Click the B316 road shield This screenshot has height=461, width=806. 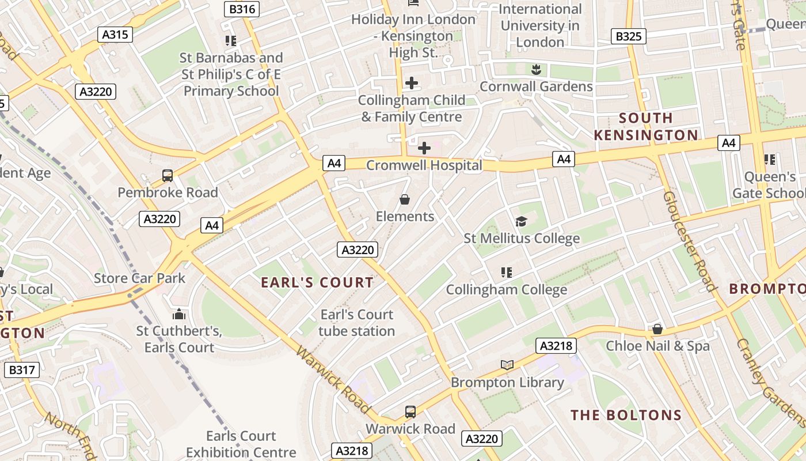pos(242,9)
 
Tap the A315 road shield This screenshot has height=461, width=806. pos(115,35)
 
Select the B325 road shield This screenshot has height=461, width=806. pos(629,37)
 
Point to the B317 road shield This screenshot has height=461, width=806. pos(22,370)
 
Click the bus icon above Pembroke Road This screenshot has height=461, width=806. pos(168,176)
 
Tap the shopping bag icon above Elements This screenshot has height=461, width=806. pos(405,200)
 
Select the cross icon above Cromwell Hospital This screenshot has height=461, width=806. pos(424,148)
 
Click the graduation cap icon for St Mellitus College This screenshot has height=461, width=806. pos(521,222)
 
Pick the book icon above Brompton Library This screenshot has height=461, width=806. pos(507,365)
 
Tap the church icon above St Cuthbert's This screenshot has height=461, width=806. pos(179,314)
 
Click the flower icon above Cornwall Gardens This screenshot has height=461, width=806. pos(536,70)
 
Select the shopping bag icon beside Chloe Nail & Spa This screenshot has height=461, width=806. pos(657,329)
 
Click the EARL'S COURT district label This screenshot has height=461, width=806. pos(317,282)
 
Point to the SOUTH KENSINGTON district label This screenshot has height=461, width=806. pos(645,127)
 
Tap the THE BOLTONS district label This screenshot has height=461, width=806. pos(626,415)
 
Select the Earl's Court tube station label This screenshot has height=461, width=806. pos(357,323)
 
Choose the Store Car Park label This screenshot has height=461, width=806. pos(139,278)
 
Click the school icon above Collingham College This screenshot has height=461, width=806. pos(507,273)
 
